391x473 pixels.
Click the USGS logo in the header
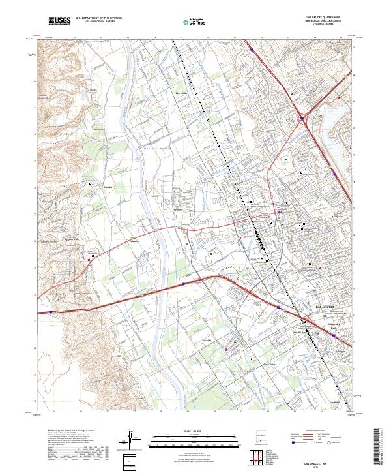[x=59, y=22]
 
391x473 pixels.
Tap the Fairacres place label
[x=136, y=240]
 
